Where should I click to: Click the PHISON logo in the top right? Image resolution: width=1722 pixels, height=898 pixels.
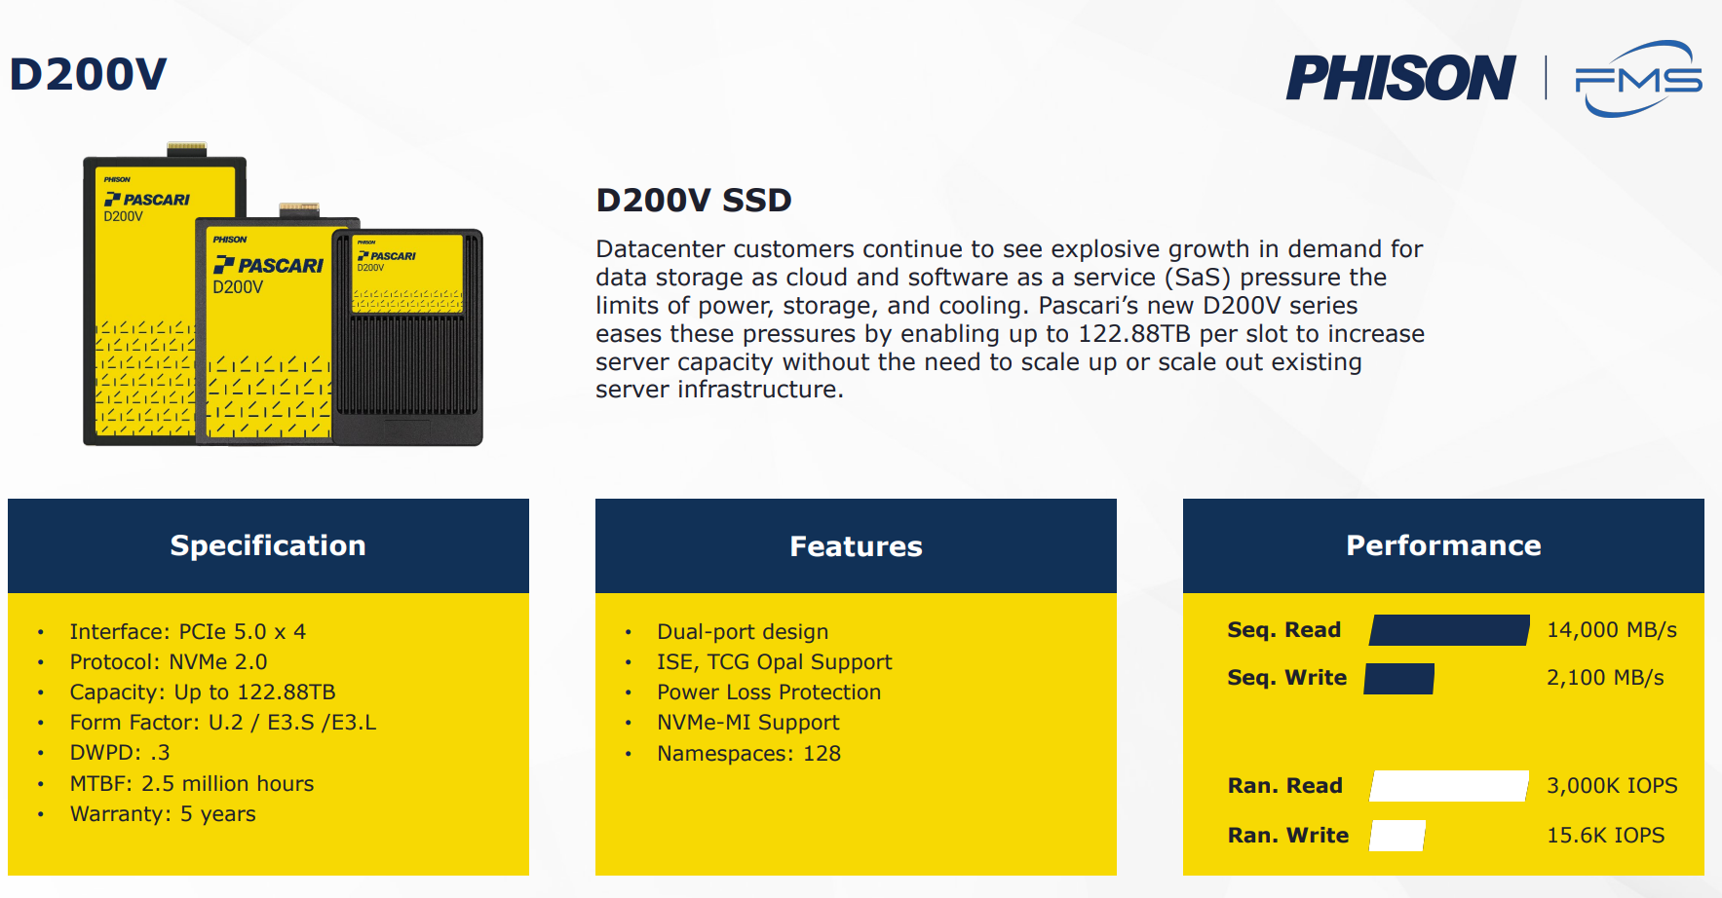point(1400,78)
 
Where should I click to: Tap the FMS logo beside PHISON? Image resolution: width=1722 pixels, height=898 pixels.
point(1638,78)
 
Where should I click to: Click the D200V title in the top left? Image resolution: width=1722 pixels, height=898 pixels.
point(89,75)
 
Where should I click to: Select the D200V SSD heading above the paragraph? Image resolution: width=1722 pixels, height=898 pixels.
point(694,201)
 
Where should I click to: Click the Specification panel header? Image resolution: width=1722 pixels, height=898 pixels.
point(268,545)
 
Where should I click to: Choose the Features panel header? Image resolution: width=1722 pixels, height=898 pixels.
point(856,545)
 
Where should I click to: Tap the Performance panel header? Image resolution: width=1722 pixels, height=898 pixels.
point(1443,545)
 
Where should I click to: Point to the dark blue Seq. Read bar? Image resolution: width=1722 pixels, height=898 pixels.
point(1449,630)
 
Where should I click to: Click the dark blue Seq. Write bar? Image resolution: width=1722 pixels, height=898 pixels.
point(1399,679)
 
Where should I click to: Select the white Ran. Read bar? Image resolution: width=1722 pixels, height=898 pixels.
point(1449,786)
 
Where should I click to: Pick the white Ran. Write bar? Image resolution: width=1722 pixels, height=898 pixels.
point(1397,836)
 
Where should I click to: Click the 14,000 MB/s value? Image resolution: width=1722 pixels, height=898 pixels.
point(1612,630)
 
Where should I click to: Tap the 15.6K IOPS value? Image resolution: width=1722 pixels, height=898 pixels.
point(1606,836)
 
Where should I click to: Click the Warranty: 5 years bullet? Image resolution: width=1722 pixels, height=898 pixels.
point(163,814)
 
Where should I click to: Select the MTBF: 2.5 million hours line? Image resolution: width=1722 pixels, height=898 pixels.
point(192,784)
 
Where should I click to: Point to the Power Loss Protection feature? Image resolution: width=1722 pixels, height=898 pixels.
point(769,692)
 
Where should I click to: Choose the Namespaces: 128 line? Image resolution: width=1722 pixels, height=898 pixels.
point(748,754)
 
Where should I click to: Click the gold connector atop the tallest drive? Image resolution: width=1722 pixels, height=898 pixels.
point(186,149)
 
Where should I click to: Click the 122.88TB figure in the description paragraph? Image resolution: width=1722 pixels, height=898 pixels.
point(1134,334)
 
